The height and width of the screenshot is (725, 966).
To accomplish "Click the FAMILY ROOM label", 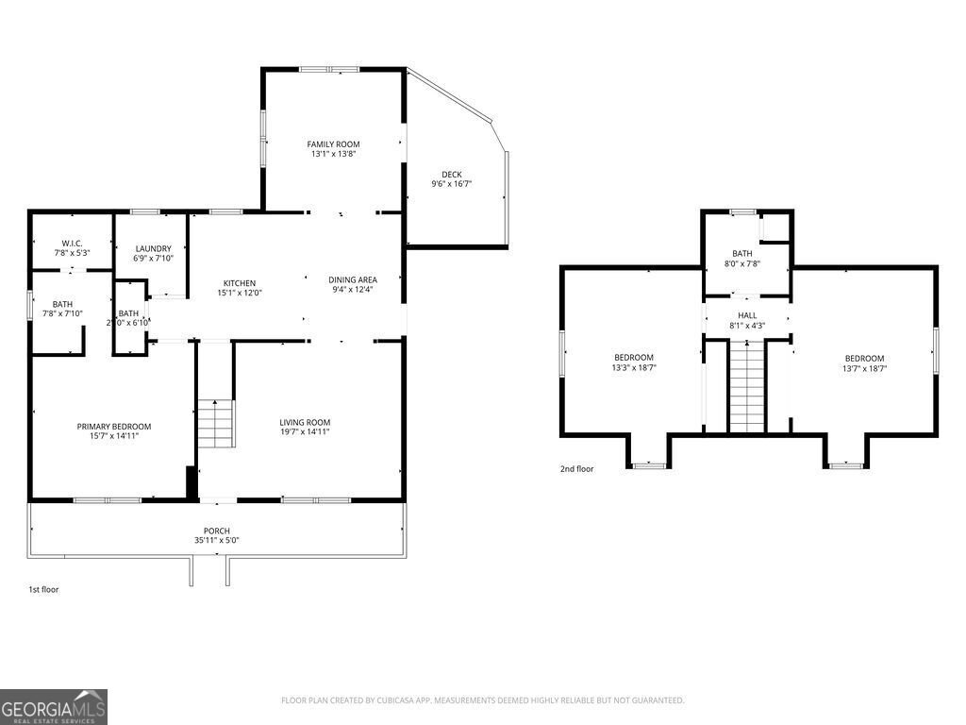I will pos(333,144).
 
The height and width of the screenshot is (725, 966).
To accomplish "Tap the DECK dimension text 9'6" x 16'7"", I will pos(451,184).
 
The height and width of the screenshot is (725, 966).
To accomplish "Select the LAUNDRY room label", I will pos(153,248).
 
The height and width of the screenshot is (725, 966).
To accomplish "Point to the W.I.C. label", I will pos(73,244).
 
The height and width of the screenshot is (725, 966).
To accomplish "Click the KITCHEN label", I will pos(239,283).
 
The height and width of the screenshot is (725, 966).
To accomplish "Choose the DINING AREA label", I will pos(353,279).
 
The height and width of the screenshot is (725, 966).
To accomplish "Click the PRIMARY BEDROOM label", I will pos(113,427).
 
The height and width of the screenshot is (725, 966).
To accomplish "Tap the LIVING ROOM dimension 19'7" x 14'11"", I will pos(305,432).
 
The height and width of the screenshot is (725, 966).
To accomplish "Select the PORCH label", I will pos(216,531).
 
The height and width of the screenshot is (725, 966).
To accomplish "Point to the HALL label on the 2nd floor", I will pos(747,315).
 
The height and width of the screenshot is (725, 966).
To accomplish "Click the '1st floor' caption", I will pos(43,589).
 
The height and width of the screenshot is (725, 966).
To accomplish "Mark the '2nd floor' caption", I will pos(577,468).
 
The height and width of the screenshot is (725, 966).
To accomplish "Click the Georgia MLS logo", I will pos(54,707).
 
